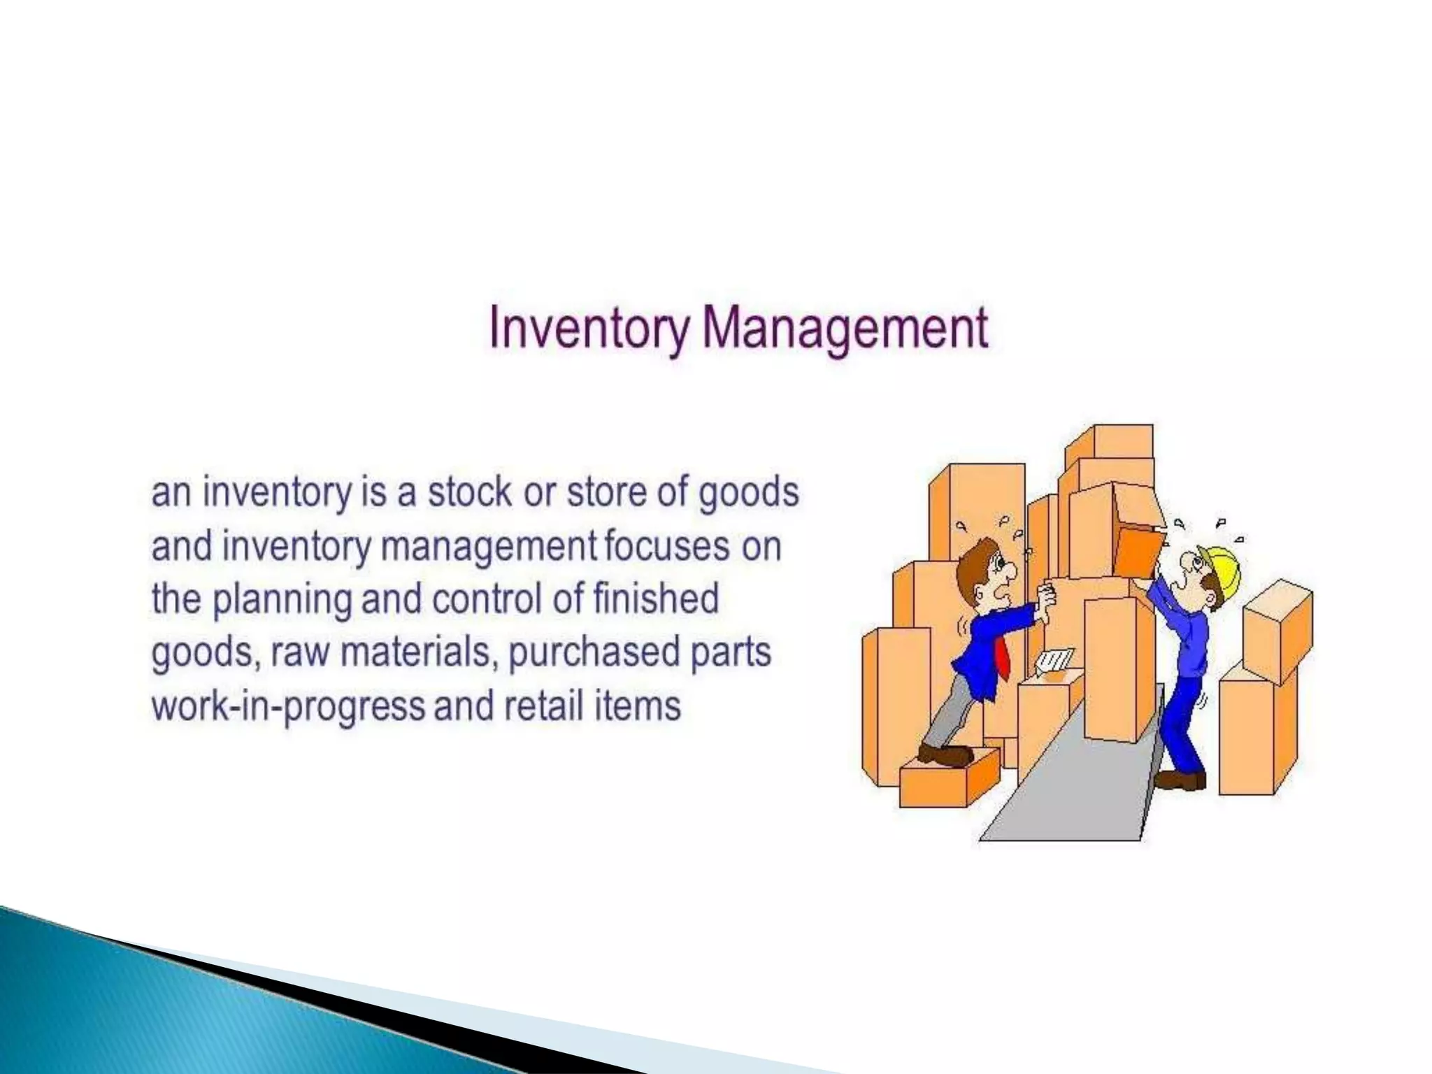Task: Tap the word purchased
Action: click(x=594, y=653)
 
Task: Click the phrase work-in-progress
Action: click(x=288, y=706)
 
